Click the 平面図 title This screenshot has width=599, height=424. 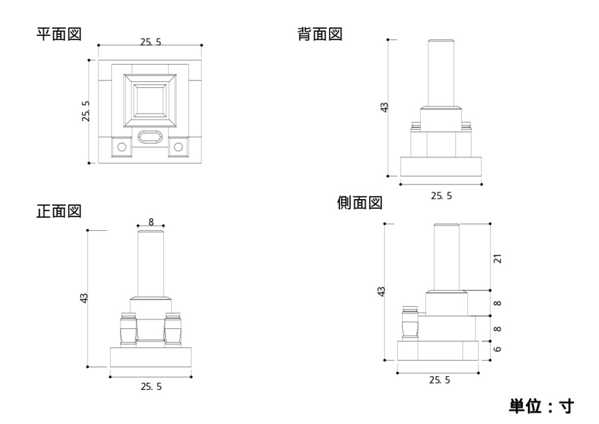coord(59,34)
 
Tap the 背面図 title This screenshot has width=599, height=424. coord(319,34)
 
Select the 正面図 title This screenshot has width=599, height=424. coord(59,211)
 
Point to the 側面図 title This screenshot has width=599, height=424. coord(359,202)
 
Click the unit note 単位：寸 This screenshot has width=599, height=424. coord(540,405)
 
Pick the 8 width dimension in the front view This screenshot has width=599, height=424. coord(151,222)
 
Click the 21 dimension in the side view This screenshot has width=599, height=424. coord(497,258)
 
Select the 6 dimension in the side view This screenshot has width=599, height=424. coord(497,349)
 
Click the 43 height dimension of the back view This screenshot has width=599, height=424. coord(384,107)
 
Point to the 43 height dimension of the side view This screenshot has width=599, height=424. coord(381,292)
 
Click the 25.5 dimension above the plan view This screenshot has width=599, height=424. coord(150,42)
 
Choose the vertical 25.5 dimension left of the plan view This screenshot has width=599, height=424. coord(85,111)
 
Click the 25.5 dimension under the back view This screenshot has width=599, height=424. coord(441,196)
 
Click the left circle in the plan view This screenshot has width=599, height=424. coord(121,146)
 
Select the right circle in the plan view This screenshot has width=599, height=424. coord(178,146)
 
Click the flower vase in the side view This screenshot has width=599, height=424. coord(409,323)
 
